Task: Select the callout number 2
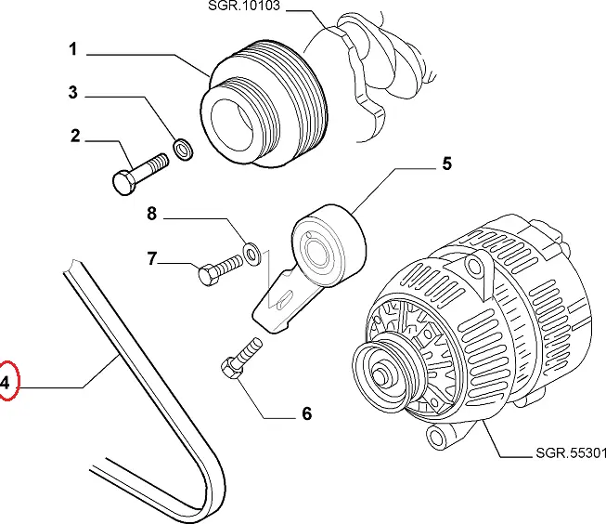(x=75, y=137)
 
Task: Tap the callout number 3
(x=73, y=92)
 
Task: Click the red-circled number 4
(x=6, y=382)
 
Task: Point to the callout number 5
(x=445, y=165)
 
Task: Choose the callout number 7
(x=150, y=259)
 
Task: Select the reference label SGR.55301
(x=570, y=455)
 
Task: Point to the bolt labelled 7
(x=218, y=270)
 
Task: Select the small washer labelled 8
(x=251, y=250)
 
